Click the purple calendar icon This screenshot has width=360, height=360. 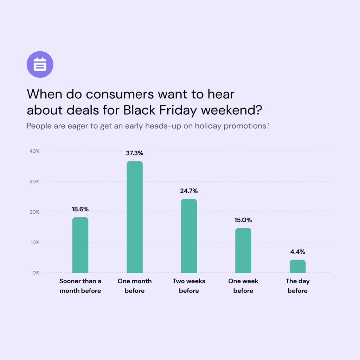pyautogui.click(x=40, y=64)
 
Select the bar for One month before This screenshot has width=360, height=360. pyautogui.click(x=135, y=217)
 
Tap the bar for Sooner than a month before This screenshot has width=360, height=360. pyautogui.click(x=80, y=245)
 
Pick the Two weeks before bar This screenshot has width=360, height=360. pyautogui.click(x=189, y=236)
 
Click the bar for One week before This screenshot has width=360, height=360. pyautogui.click(x=243, y=250)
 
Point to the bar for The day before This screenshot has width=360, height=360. pyautogui.click(x=297, y=266)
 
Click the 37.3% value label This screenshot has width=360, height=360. pyautogui.click(x=135, y=153)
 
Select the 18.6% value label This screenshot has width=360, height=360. pyautogui.click(x=80, y=209)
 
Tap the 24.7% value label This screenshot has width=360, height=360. pyautogui.click(x=189, y=191)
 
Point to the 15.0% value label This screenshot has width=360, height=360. pyautogui.click(x=243, y=220)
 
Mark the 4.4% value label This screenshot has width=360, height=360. pyautogui.click(x=297, y=252)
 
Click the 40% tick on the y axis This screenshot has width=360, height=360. pyautogui.click(x=34, y=151)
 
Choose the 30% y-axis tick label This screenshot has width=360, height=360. pyautogui.click(x=34, y=181)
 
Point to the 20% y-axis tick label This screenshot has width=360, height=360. pyautogui.click(x=34, y=212)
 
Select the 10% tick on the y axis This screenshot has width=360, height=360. pyautogui.click(x=34, y=242)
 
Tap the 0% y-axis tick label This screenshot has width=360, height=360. pyautogui.click(x=36, y=273)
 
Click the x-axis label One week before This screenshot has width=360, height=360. pyautogui.click(x=243, y=286)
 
